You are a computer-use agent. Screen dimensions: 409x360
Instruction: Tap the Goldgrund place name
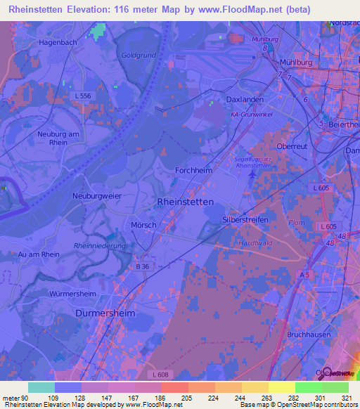click(138, 55)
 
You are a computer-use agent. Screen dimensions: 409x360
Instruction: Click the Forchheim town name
click(194, 171)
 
